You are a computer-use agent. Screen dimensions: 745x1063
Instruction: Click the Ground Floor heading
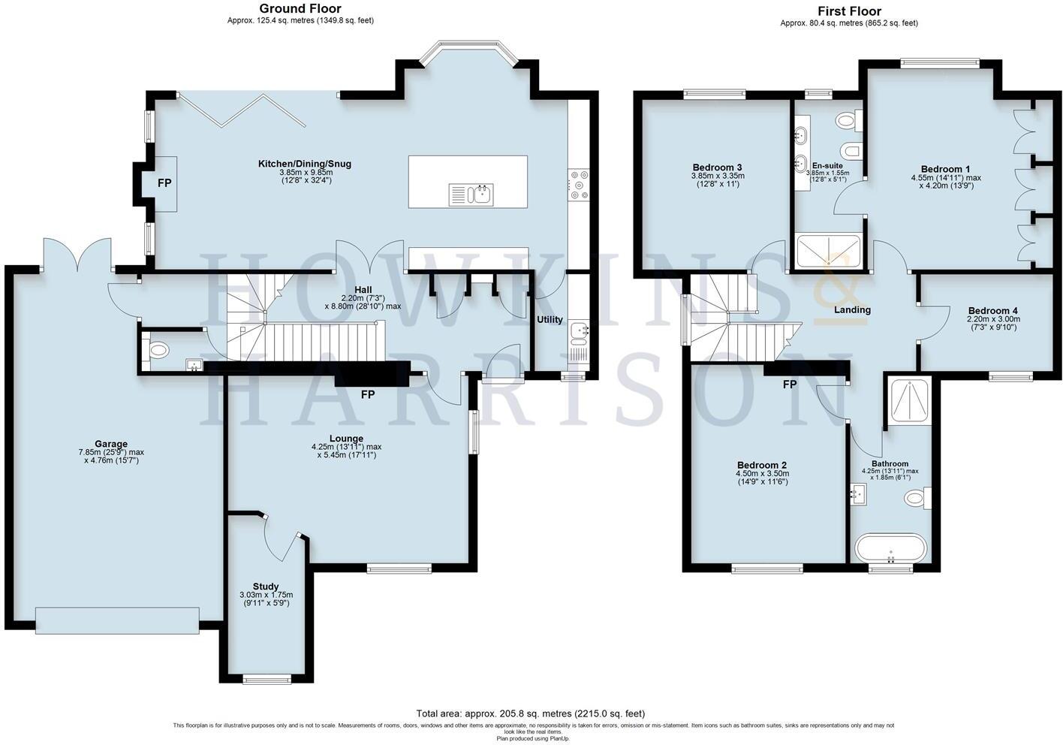(300, 9)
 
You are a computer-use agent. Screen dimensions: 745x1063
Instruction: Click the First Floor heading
(849, 11)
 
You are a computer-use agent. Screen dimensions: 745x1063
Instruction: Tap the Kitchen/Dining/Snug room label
(304, 164)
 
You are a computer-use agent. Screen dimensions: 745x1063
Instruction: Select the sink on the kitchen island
(479, 195)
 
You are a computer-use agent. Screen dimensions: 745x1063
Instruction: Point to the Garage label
(111, 444)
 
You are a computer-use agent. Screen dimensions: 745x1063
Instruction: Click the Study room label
(266, 587)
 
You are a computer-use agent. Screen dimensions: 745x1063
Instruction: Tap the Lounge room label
(346, 439)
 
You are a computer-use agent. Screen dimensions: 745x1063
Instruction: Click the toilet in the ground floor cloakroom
(158, 349)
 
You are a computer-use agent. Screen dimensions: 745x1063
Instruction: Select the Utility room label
(550, 320)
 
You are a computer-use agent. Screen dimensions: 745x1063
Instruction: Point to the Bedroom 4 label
(992, 310)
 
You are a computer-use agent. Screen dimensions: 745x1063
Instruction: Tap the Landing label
(853, 309)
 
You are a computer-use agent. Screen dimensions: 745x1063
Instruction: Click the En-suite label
(827, 165)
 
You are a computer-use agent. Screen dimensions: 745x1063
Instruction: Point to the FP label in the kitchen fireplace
(164, 183)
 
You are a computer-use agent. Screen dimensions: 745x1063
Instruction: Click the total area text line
(530, 713)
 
